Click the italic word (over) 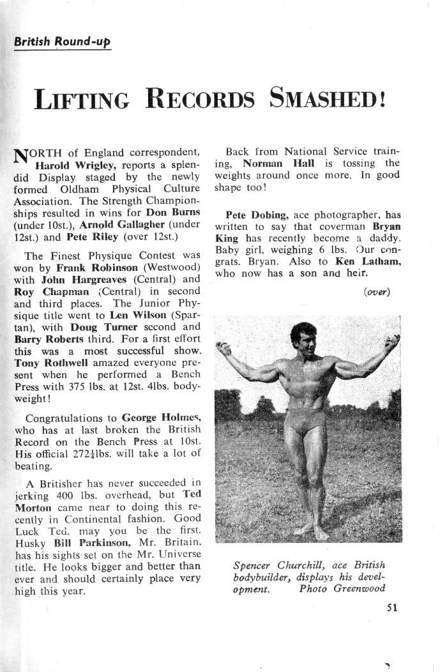click(x=377, y=293)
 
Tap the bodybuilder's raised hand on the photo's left click(x=223, y=348)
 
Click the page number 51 click(x=392, y=607)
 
